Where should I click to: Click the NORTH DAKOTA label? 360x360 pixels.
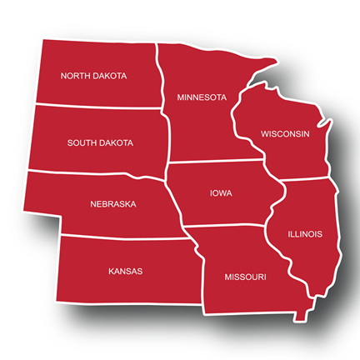click(93, 76)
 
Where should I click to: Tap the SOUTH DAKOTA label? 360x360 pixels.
click(100, 143)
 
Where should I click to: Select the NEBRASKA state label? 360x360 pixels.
click(112, 203)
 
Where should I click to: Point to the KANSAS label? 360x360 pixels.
click(125, 271)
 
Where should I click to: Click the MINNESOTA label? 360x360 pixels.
click(202, 97)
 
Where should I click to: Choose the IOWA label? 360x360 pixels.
click(221, 194)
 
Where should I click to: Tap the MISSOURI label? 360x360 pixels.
click(245, 276)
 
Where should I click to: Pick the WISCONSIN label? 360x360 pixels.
click(285, 134)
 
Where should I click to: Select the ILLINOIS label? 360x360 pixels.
click(304, 234)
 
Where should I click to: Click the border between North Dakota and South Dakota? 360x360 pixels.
click(100, 107)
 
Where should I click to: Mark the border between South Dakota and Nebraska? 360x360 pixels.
click(100, 176)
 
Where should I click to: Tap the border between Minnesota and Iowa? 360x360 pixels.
click(221, 162)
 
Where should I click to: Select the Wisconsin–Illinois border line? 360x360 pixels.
click(308, 179)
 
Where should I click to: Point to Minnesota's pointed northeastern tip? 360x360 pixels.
click(274, 60)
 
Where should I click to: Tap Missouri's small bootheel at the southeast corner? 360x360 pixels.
click(297, 315)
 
